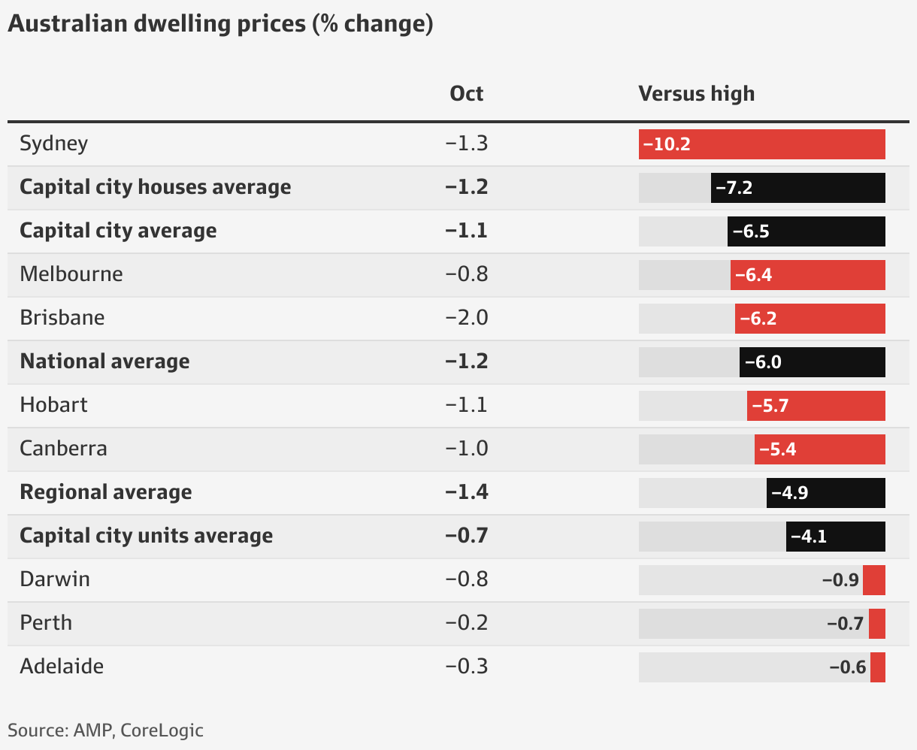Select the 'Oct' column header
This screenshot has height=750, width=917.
pos(466,94)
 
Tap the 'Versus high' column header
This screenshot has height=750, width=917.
pos(696,94)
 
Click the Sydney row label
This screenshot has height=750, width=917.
pos(54,144)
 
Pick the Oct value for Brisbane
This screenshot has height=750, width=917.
pos(466,318)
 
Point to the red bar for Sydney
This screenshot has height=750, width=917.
pos(761,144)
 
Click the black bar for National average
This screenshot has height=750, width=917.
pos(812,362)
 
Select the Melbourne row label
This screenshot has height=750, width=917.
pos(71,274)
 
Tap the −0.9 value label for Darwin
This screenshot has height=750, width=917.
pos(840,580)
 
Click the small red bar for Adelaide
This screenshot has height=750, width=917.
pos(877,667)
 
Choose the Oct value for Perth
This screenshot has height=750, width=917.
pos(466,623)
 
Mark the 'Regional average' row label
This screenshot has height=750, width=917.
pos(106,492)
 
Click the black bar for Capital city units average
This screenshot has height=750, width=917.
pos(835,537)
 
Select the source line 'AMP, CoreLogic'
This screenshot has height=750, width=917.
pos(105,730)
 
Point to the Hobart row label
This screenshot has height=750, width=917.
pos(54,405)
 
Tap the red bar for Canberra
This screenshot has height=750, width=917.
pos(819,449)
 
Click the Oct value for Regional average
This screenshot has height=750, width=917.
pos(466,492)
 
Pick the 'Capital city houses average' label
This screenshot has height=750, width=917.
pos(156,187)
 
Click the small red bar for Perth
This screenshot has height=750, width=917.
pos(876,624)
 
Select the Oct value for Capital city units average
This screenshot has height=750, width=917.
pos(466,536)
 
